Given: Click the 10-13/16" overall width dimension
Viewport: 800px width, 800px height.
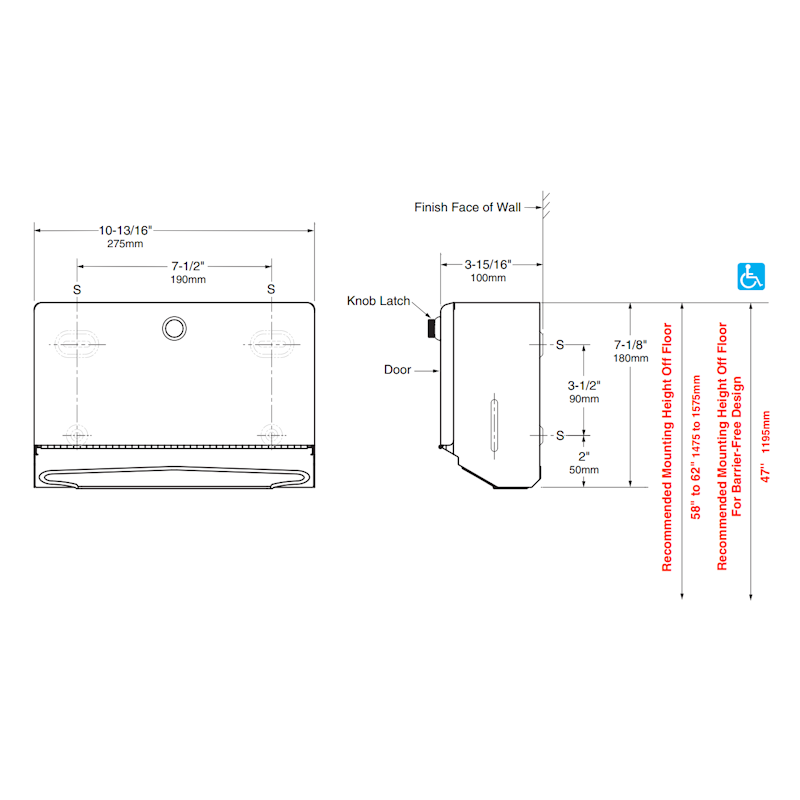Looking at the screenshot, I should click(x=125, y=229).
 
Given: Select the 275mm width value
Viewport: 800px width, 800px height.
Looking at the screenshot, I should click(x=125, y=243).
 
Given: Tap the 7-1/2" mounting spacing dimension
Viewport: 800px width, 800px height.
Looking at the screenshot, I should click(x=187, y=266).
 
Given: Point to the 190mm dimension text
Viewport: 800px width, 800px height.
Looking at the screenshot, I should click(x=187, y=280).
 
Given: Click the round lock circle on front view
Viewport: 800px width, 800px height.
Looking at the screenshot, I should click(x=174, y=326).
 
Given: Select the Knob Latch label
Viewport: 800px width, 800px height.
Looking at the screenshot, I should click(x=379, y=300).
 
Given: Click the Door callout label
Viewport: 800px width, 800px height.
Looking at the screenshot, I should click(x=397, y=370).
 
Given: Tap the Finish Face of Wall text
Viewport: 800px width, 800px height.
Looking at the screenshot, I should click(x=467, y=208).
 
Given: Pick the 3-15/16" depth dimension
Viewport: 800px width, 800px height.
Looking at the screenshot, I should click(x=487, y=264).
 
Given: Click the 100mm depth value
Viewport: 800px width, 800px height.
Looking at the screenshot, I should click(x=487, y=278).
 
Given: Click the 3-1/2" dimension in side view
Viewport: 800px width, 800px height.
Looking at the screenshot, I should click(x=584, y=385).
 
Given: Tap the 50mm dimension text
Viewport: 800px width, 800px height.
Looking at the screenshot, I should click(x=584, y=469).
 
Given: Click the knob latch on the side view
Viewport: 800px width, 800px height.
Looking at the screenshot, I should click(x=431, y=326).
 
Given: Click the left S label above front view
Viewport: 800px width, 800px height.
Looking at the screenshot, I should click(x=78, y=289).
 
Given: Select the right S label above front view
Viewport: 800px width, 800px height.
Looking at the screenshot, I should click(x=270, y=289).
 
